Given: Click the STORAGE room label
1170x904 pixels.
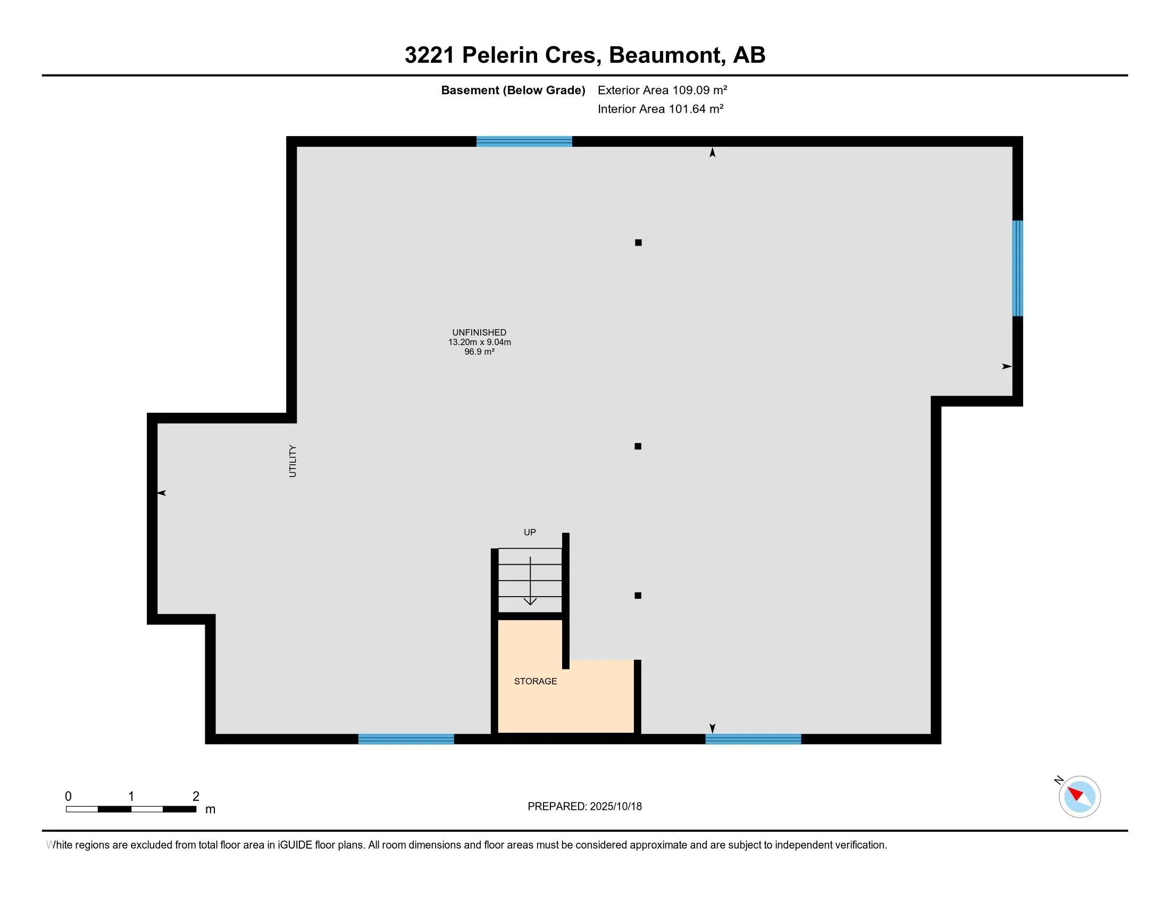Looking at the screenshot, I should pos(535,681).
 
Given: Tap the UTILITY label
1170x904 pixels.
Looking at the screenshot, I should pos(292,461).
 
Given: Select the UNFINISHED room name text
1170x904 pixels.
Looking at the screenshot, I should pos(479,332).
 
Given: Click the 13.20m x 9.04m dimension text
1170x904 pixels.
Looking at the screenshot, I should pos(479,342).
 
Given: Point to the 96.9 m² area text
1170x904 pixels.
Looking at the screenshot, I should pos(479,352).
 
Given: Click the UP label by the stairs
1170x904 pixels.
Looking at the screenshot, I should pos(529,532).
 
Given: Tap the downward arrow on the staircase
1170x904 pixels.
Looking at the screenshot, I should pos(530,582).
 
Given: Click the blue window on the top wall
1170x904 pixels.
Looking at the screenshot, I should pos(524,141).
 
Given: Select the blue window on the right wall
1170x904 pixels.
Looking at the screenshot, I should pos(1017,269).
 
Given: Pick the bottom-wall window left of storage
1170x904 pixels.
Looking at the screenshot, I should pos(406,739).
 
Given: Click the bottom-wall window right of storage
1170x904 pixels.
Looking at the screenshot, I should pos(753,739).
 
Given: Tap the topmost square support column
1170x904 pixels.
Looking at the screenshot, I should pos(638,242).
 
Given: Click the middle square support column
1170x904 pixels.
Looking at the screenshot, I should pos(638,446).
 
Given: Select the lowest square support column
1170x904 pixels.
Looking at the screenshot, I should pos(638,596).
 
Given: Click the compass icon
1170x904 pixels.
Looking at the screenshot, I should pos(1079,797).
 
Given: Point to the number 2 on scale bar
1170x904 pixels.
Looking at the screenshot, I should pos(196,797).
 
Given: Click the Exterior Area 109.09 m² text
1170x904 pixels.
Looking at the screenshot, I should pos(662,90).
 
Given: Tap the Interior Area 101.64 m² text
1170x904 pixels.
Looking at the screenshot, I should pos(660,108).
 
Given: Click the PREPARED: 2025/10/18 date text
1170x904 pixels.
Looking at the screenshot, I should pos(584,806).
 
